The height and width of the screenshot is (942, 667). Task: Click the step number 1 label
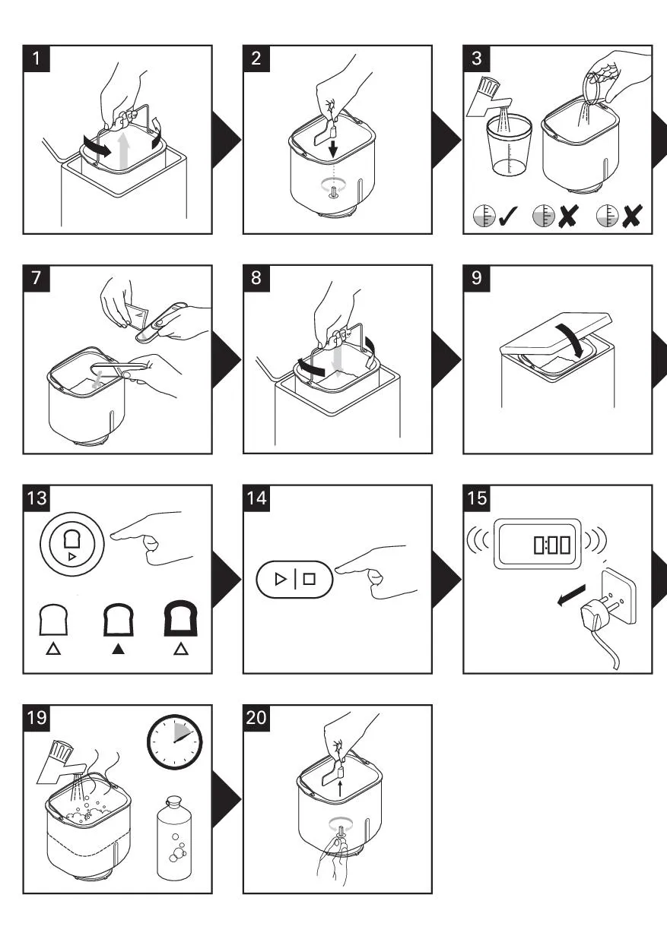[36, 58]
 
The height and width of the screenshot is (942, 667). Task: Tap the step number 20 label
[256, 718]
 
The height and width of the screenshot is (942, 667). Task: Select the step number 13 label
[36, 498]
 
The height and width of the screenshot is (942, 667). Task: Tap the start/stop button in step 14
[294, 579]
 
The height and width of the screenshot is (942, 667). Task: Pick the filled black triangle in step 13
[117, 650]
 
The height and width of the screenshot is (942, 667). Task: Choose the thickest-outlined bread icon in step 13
[180, 619]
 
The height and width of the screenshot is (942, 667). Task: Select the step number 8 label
[256, 278]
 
